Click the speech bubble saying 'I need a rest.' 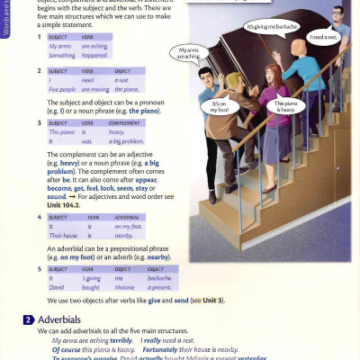point(322,37)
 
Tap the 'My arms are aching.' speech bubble point(189,53)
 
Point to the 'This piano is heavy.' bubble point(285,106)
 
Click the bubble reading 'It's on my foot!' point(219,106)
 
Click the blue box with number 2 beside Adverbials point(29,320)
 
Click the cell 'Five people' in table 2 point(63,89)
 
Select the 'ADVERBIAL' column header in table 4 point(130,217)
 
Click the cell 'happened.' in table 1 point(95,55)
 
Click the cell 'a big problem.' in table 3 point(127,141)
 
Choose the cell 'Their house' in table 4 point(63,235)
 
